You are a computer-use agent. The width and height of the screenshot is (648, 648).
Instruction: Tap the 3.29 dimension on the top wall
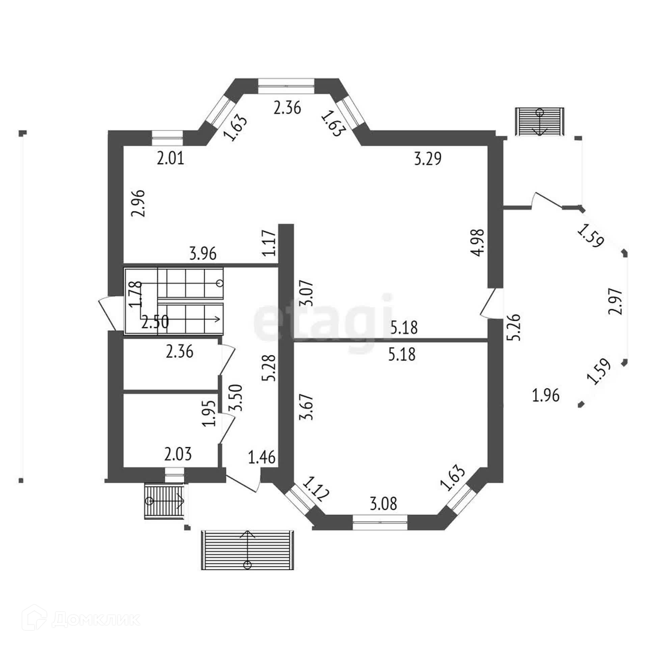(x=428, y=159)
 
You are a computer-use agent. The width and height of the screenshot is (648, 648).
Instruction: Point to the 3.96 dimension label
(x=203, y=254)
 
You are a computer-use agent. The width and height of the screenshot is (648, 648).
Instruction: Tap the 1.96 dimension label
(x=545, y=395)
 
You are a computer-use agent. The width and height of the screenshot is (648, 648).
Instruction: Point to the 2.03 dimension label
(x=178, y=454)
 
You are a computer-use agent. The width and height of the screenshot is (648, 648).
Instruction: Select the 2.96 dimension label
(x=139, y=203)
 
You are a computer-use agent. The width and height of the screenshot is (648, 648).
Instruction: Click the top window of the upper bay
(x=286, y=86)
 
